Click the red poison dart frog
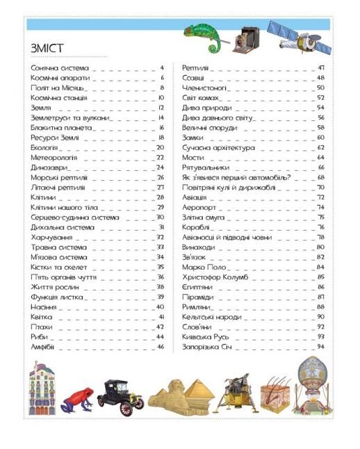74,398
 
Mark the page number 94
320,346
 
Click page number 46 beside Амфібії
161,346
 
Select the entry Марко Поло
201,266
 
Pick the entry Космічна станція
58,98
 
